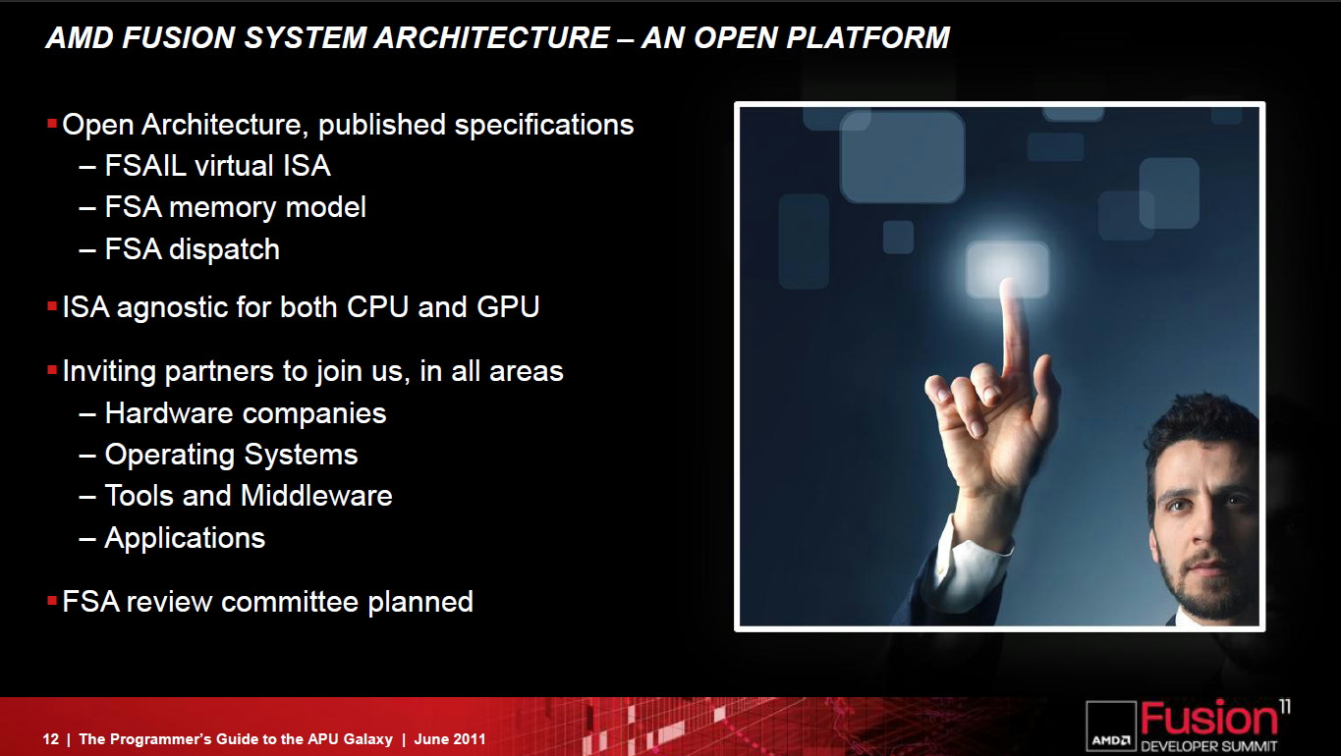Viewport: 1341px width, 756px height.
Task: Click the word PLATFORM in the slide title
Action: (868, 37)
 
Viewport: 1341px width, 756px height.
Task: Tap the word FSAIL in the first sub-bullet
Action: (145, 166)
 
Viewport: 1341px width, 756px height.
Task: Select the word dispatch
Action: (224, 249)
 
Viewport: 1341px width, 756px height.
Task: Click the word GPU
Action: (508, 307)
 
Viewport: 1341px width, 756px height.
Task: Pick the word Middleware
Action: (316, 496)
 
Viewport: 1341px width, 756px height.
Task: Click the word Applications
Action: (185, 538)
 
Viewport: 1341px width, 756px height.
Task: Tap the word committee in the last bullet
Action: (290, 602)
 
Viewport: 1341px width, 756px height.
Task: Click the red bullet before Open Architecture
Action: (52, 124)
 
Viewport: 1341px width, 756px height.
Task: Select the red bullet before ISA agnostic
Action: (52, 306)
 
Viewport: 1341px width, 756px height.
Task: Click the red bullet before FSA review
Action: (52, 601)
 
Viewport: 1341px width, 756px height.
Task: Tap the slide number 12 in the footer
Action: (51, 739)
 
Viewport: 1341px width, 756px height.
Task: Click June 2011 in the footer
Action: (450, 739)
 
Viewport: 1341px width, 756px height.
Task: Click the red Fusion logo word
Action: (1208, 719)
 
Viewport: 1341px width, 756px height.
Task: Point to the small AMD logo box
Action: (1111, 727)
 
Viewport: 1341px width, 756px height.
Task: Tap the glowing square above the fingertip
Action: (1008, 269)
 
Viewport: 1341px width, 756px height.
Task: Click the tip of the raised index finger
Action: (1009, 283)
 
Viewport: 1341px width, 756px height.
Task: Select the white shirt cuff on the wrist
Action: (975, 563)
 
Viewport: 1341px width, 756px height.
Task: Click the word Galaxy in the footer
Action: (367, 740)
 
